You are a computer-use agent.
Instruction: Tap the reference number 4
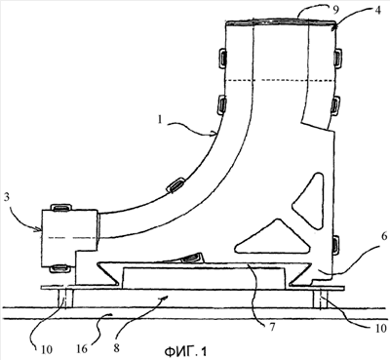tap(377, 10)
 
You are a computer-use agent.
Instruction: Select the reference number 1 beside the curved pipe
tap(159, 120)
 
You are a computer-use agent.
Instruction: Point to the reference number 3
tap(7, 198)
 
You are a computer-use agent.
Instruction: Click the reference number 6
tap(384, 236)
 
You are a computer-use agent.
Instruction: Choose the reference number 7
tap(272, 327)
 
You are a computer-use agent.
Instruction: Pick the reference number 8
tap(116, 347)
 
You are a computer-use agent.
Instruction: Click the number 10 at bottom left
tap(47, 349)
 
